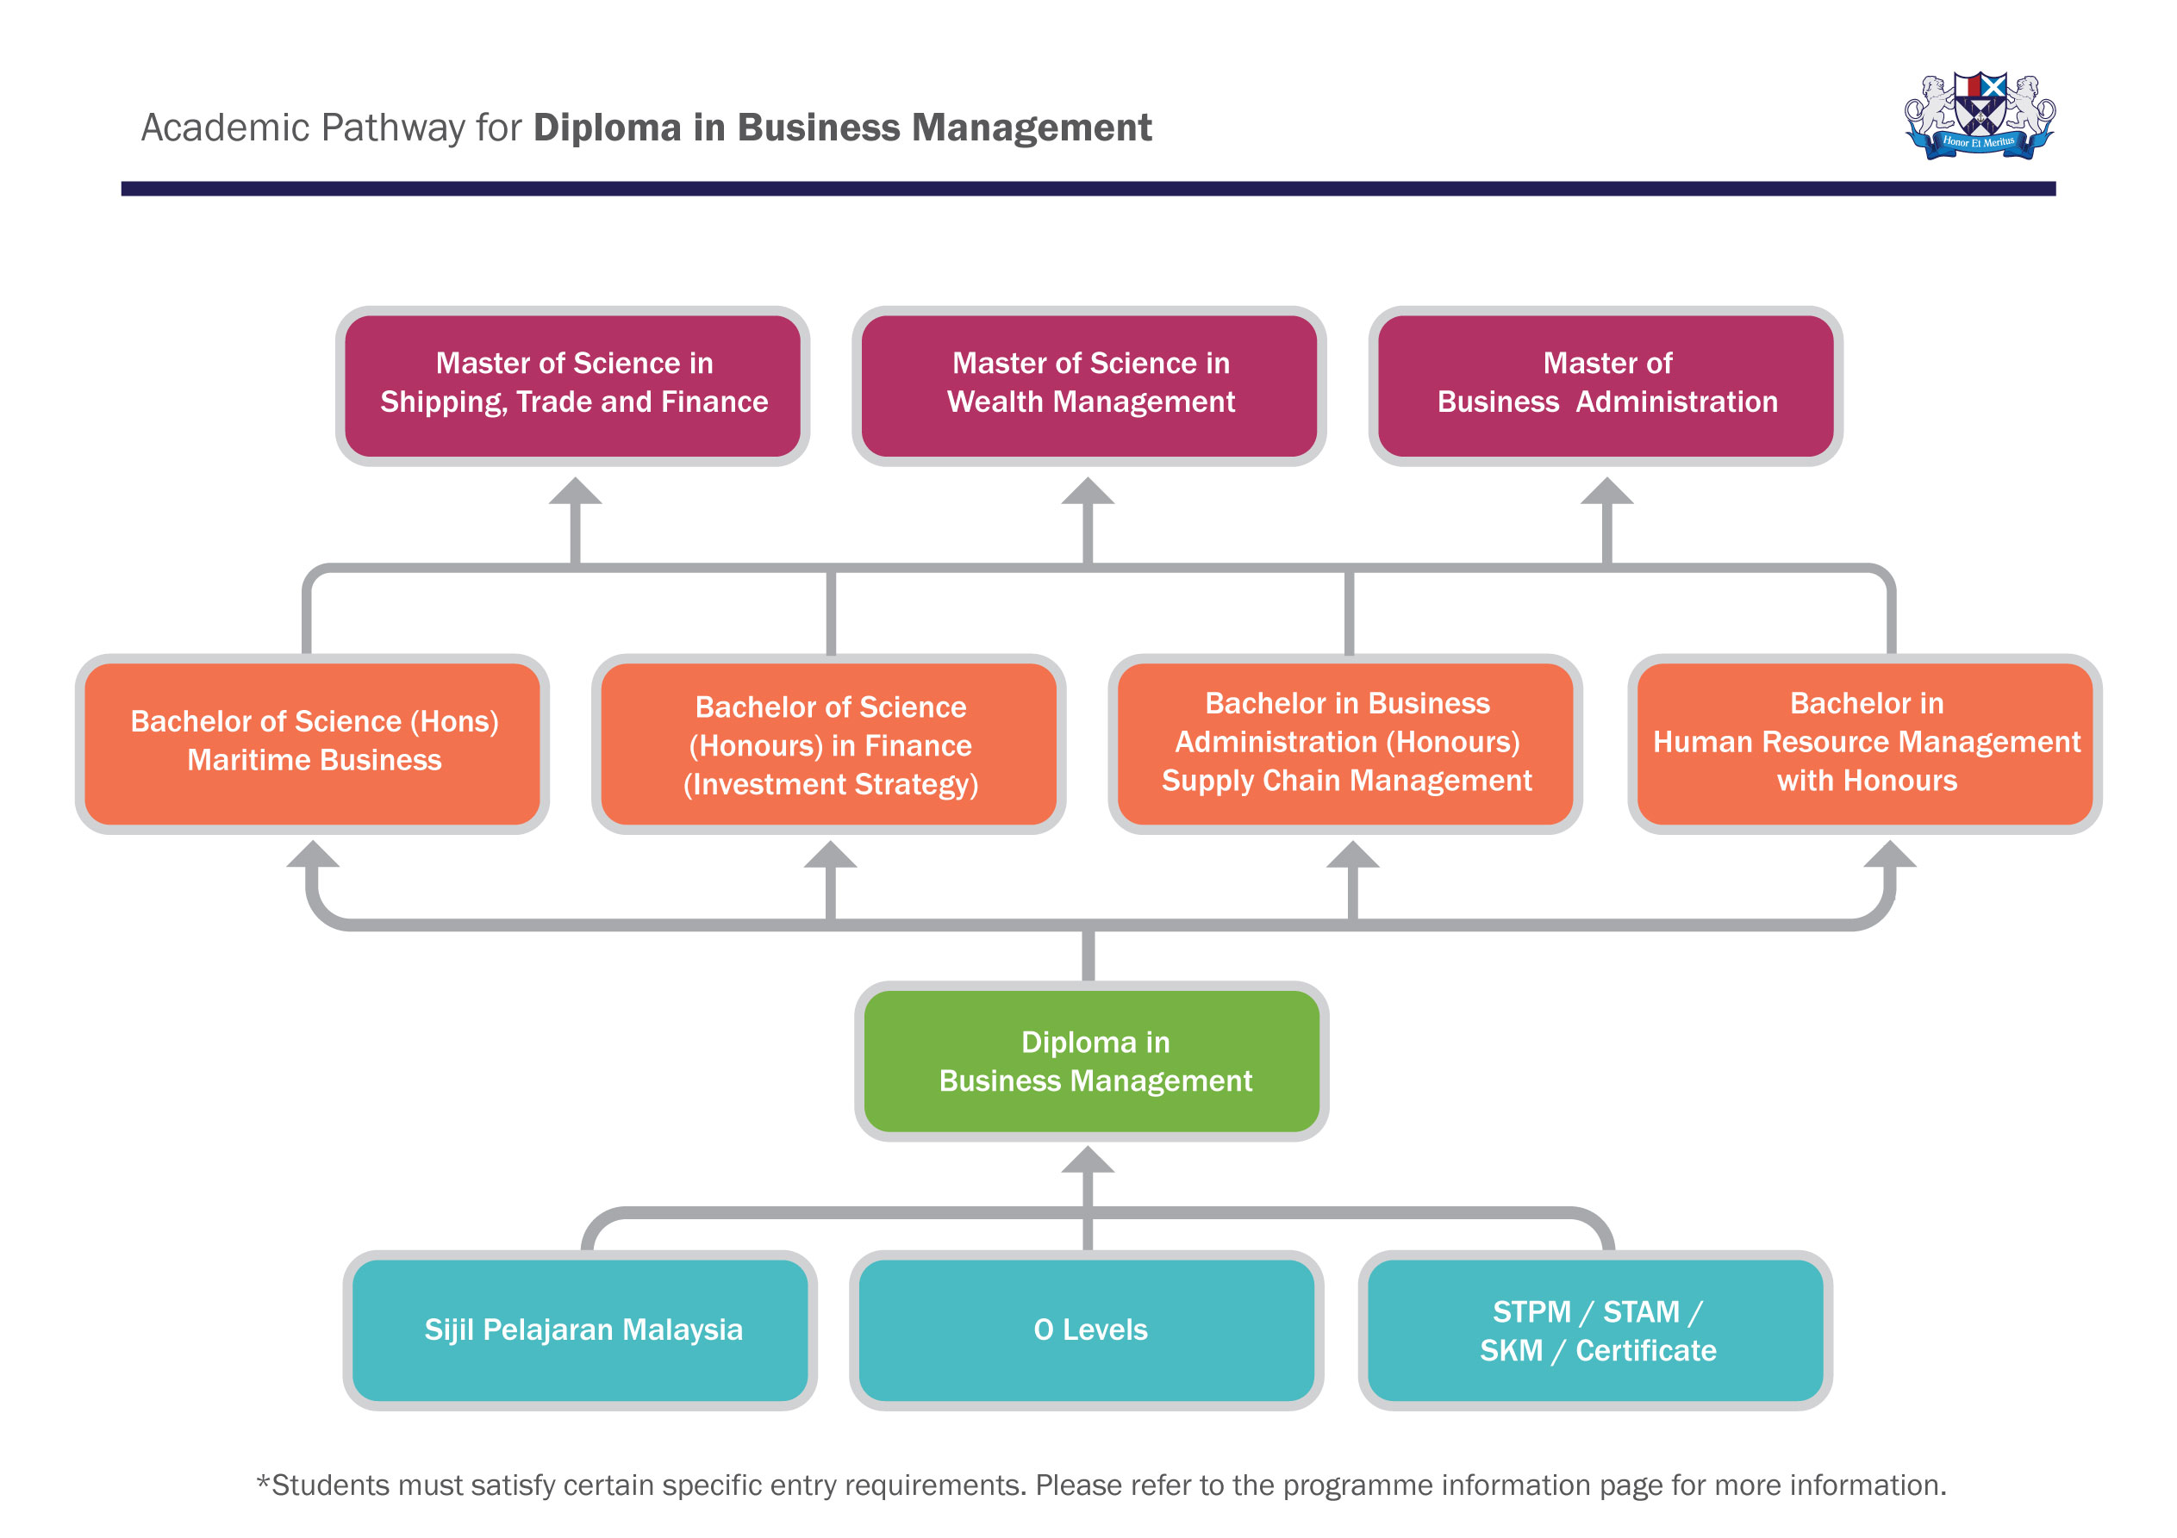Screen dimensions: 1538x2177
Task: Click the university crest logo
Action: click(1980, 116)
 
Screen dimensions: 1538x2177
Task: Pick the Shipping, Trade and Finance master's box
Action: click(573, 384)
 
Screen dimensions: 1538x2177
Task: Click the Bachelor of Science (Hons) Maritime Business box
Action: click(313, 743)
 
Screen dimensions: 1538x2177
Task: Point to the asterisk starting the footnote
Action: click(264, 1481)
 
